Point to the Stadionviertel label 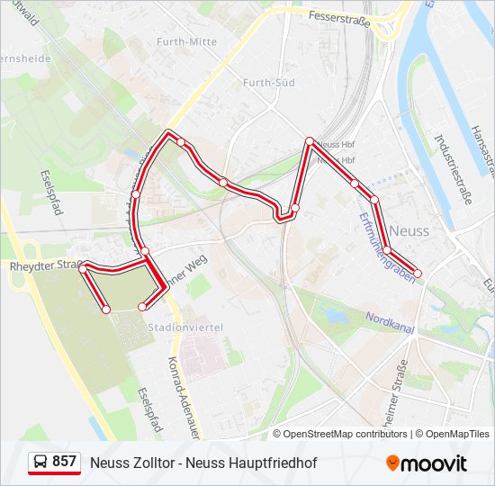(x=184, y=328)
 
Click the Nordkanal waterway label (x=390, y=322)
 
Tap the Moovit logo (x=427, y=463)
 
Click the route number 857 (x=64, y=462)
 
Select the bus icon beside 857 (x=40, y=463)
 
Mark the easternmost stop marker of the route (x=418, y=274)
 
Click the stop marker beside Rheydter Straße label (x=83, y=267)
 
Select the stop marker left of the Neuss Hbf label (x=310, y=141)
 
